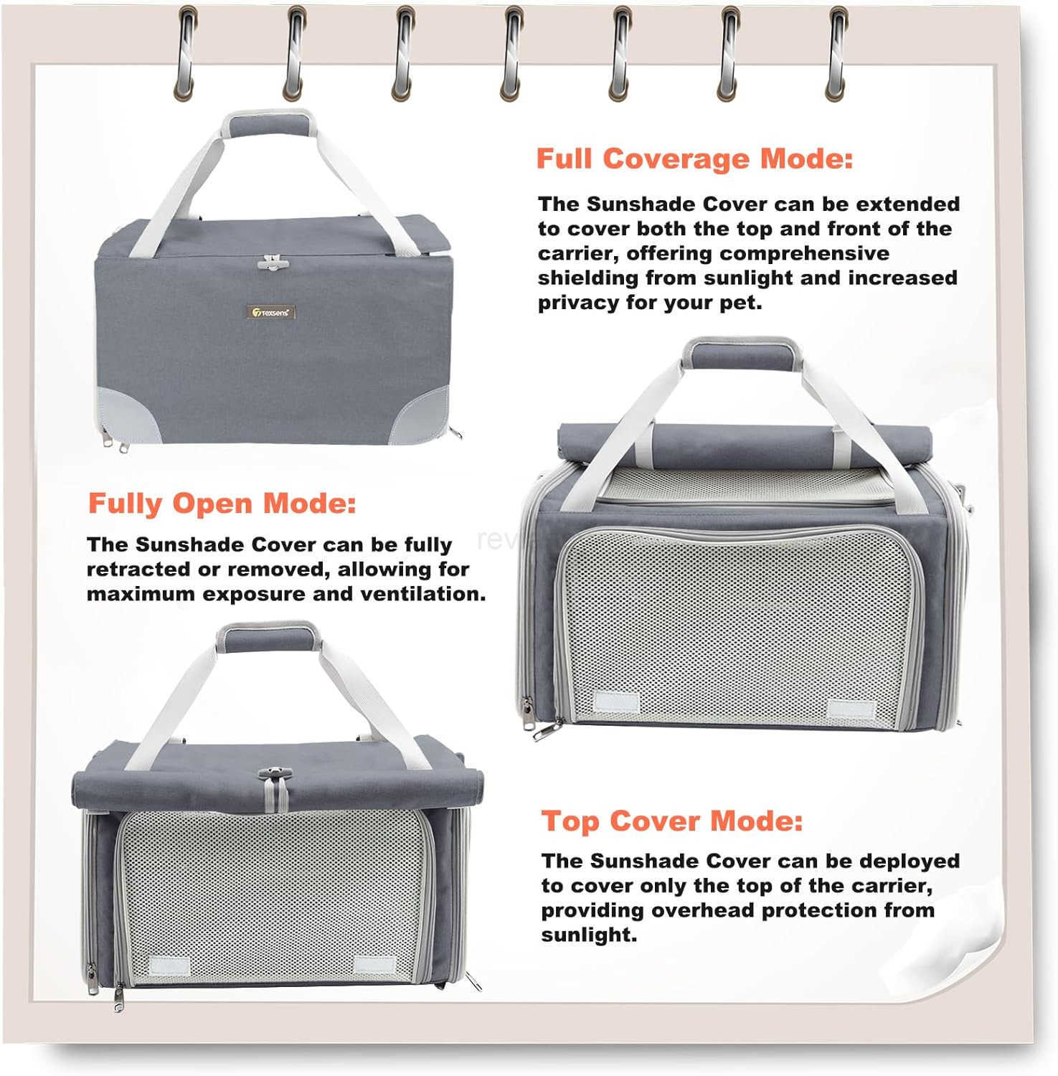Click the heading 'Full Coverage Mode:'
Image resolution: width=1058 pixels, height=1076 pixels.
pyautogui.click(x=694, y=159)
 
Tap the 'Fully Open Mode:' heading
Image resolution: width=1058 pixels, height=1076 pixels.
pyautogui.click(x=222, y=504)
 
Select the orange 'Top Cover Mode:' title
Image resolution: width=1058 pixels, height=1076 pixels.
pyautogui.click(x=671, y=821)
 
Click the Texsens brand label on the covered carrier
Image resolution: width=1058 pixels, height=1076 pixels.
pyautogui.click(x=271, y=312)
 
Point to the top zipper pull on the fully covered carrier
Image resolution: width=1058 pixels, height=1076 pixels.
pyautogui.click(x=270, y=263)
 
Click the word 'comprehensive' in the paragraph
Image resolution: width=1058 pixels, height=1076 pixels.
pyautogui.click(x=804, y=254)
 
